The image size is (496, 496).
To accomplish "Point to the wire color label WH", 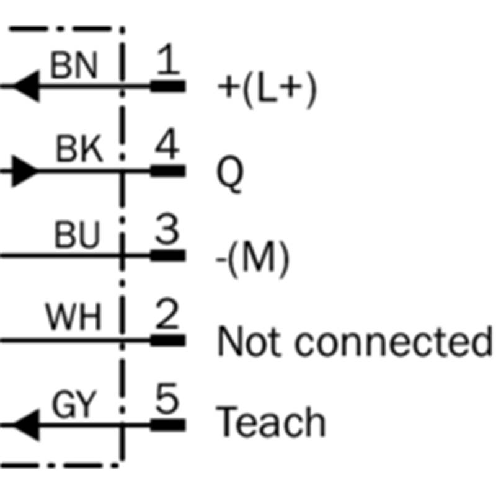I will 73,319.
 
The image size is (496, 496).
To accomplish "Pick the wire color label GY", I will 74,405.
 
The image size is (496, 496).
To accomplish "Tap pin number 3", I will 166,231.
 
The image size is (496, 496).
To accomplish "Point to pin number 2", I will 166,316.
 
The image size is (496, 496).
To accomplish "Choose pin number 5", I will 166,401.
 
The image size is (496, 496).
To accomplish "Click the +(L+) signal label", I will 267,90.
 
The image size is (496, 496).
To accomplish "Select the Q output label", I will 230,175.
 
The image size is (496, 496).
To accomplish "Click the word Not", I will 249,342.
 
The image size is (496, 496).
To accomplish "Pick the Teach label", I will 272,423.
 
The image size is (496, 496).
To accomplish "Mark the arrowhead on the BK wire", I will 25,170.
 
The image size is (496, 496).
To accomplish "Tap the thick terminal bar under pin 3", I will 167,255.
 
